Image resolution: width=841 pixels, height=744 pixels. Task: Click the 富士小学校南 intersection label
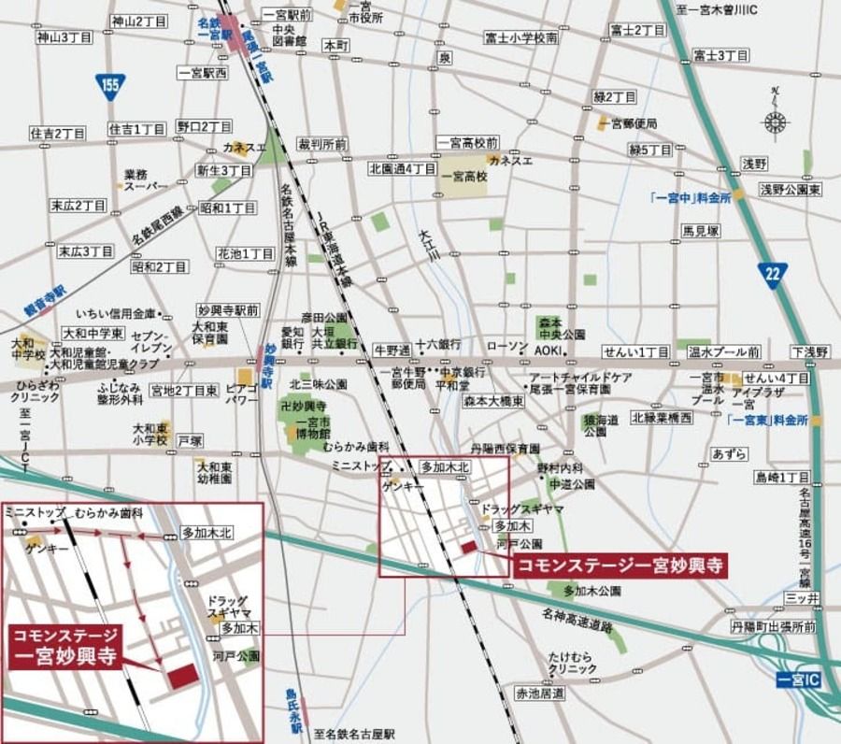[521, 37]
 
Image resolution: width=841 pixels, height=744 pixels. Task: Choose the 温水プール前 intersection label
[723, 352]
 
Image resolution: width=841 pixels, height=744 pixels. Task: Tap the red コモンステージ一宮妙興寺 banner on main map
[620, 565]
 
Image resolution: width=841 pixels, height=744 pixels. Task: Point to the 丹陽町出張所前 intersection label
[776, 626]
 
